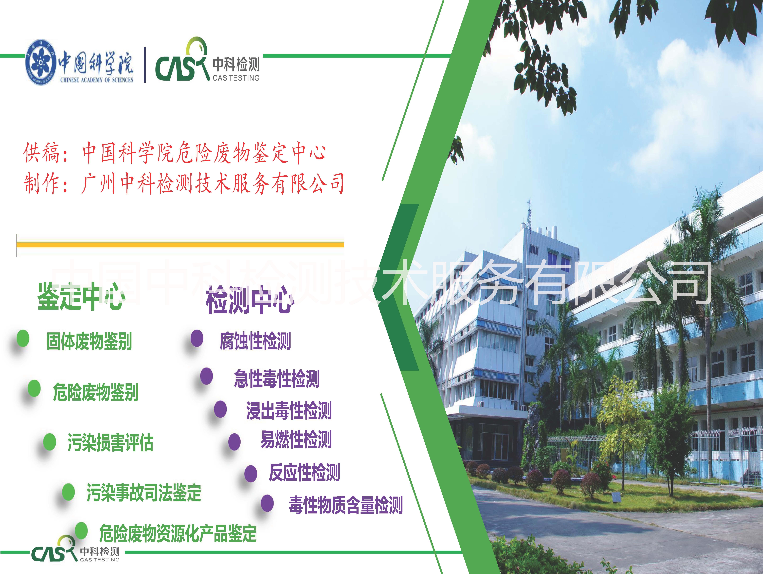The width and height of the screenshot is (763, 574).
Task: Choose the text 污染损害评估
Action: tap(110, 443)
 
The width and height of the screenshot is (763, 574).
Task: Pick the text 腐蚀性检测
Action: tap(255, 341)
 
